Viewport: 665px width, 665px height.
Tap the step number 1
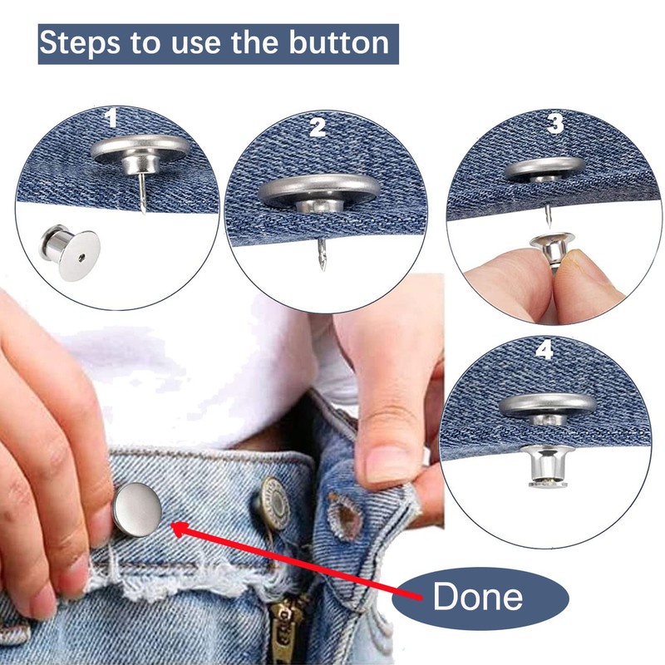pyautogui.click(x=110, y=119)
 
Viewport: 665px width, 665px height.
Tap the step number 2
pyautogui.click(x=317, y=127)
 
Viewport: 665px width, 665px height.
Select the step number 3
pyautogui.click(x=554, y=125)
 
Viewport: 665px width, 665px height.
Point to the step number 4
pyautogui.click(x=544, y=349)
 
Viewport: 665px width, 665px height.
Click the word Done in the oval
pyautogui.click(x=478, y=597)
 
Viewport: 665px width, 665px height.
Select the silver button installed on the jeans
pyautogui.click(x=137, y=510)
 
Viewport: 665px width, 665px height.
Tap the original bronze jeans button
pyautogui.click(x=274, y=500)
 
